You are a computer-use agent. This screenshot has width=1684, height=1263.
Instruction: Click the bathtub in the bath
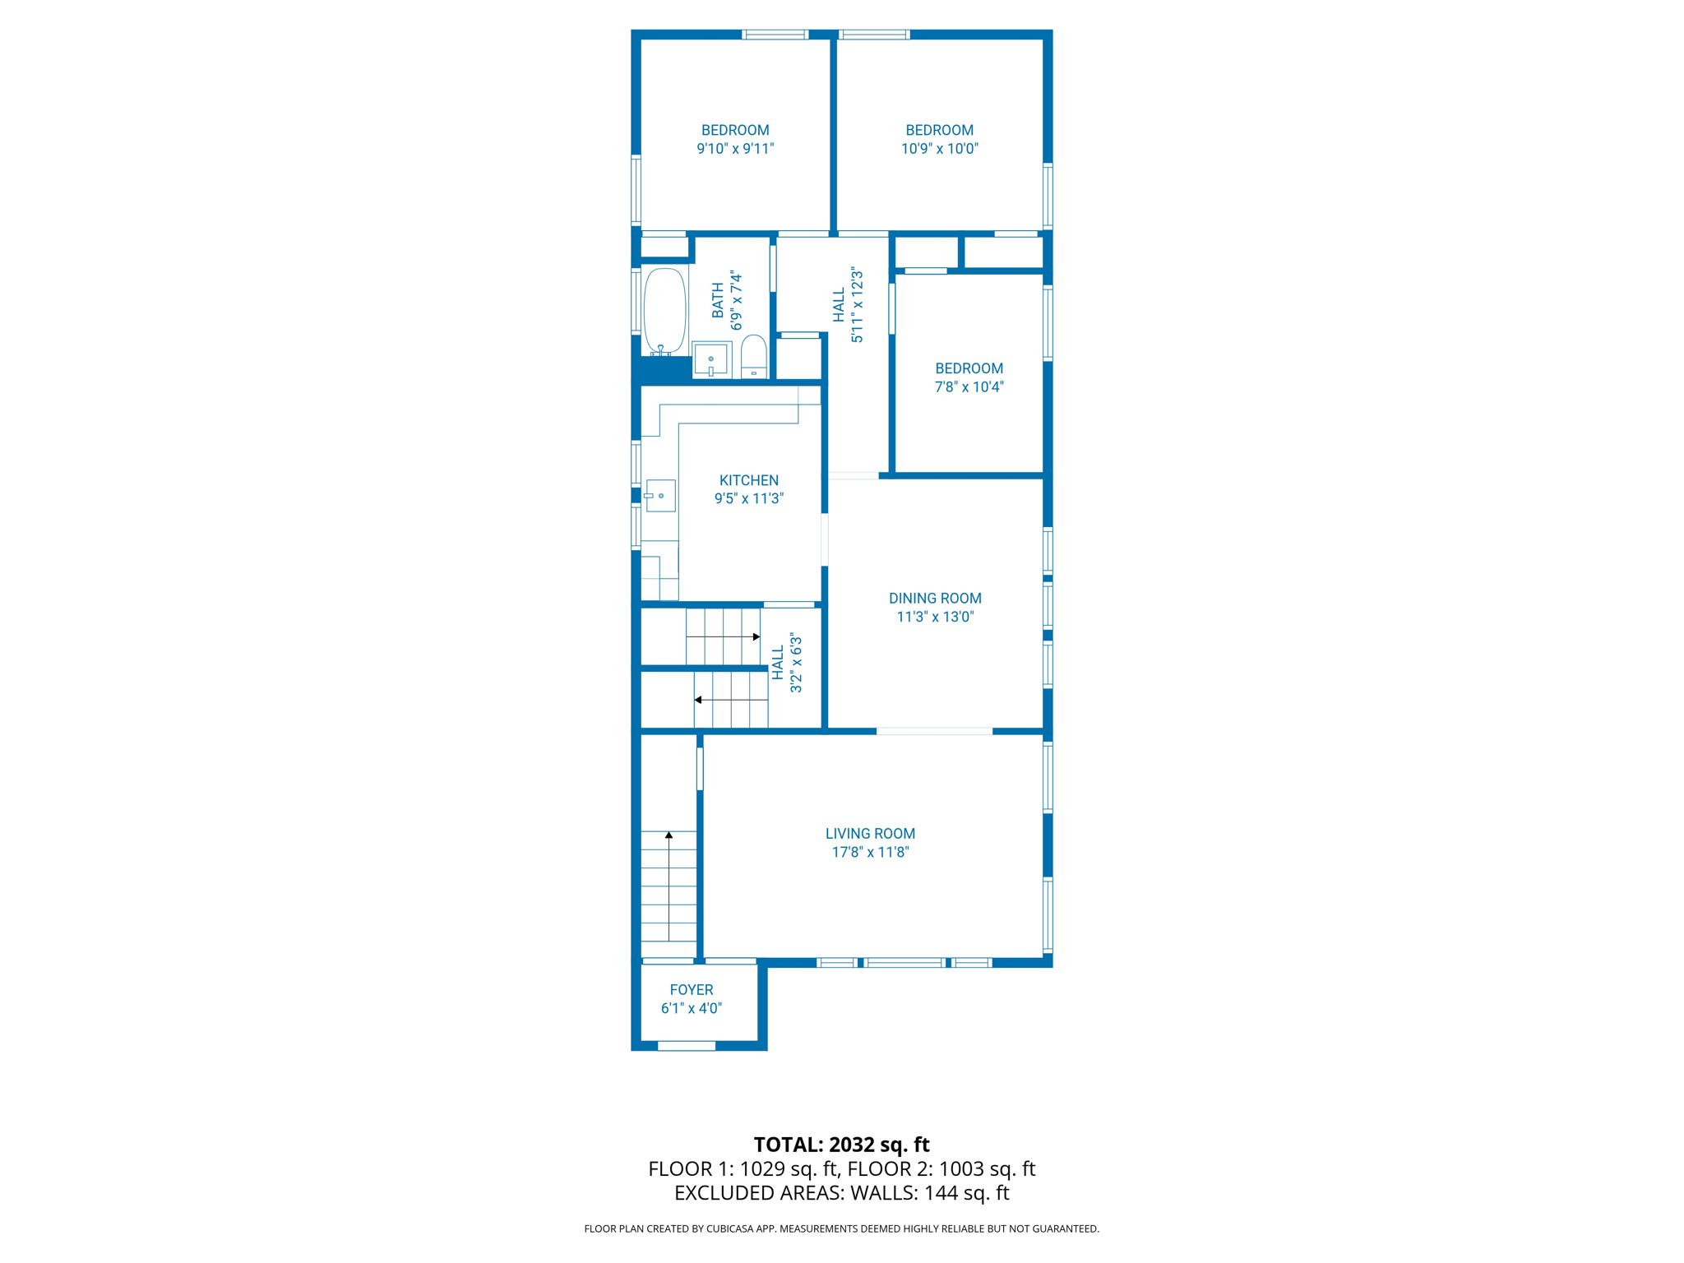pyautogui.click(x=664, y=311)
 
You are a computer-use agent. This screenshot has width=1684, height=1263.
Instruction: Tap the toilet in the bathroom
pyautogui.click(x=753, y=357)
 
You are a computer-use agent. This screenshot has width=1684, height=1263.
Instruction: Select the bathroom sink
pyautogui.click(x=710, y=360)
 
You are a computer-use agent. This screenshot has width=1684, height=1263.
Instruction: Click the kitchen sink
pyautogui.click(x=660, y=496)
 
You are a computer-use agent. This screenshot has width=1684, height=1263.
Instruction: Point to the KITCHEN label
pyautogui.click(x=748, y=480)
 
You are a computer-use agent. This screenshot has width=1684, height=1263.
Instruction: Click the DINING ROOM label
pyautogui.click(x=935, y=599)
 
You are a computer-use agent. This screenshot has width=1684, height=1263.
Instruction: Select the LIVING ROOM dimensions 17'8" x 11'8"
pyautogui.click(x=870, y=853)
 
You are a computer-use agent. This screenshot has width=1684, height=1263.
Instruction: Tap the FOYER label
pyautogui.click(x=691, y=990)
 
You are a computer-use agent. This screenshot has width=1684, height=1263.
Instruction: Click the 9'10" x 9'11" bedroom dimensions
pyautogui.click(x=735, y=149)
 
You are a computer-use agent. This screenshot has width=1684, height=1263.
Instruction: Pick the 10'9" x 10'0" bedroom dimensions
pyautogui.click(x=939, y=149)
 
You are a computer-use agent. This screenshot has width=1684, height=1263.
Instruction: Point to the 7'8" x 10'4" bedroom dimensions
pyautogui.click(x=969, y=387)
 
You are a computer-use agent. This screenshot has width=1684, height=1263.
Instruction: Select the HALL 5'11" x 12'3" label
pyautogui.click(x=848, y=305)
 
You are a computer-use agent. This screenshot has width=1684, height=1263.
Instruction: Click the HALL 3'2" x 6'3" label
pyautogui.click(x=787, y=663)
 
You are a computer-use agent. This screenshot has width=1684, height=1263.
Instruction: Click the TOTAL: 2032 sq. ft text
pyautogui.click(x=841, y=1145)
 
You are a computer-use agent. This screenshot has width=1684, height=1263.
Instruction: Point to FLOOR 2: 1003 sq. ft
pyautogui.click(x=941, y=1168)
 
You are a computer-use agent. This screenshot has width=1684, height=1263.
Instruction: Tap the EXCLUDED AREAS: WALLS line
pyautogui.click(x=841, y=1192)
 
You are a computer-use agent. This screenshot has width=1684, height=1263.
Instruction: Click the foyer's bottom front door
pyautogui.click(x=687, y=1046)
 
